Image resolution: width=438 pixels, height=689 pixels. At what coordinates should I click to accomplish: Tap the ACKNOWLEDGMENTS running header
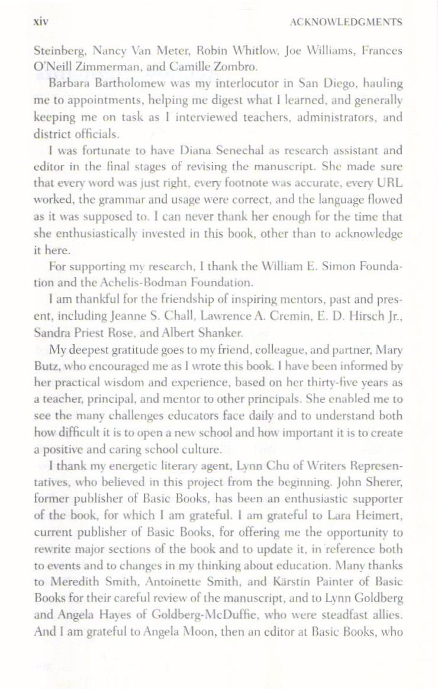[x=347, y=22]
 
